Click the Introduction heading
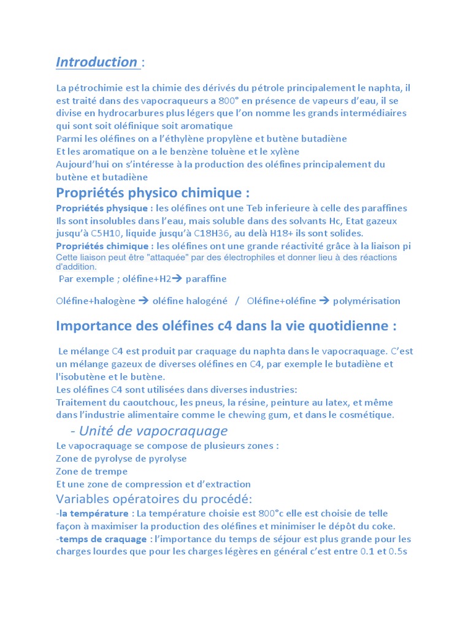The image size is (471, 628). [x=97, y=62]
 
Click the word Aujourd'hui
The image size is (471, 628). [x=84, y=164]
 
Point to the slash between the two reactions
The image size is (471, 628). [x=237, y=301]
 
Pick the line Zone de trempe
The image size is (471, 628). [x=92, y=472]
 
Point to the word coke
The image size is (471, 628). [x=381, y=526]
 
